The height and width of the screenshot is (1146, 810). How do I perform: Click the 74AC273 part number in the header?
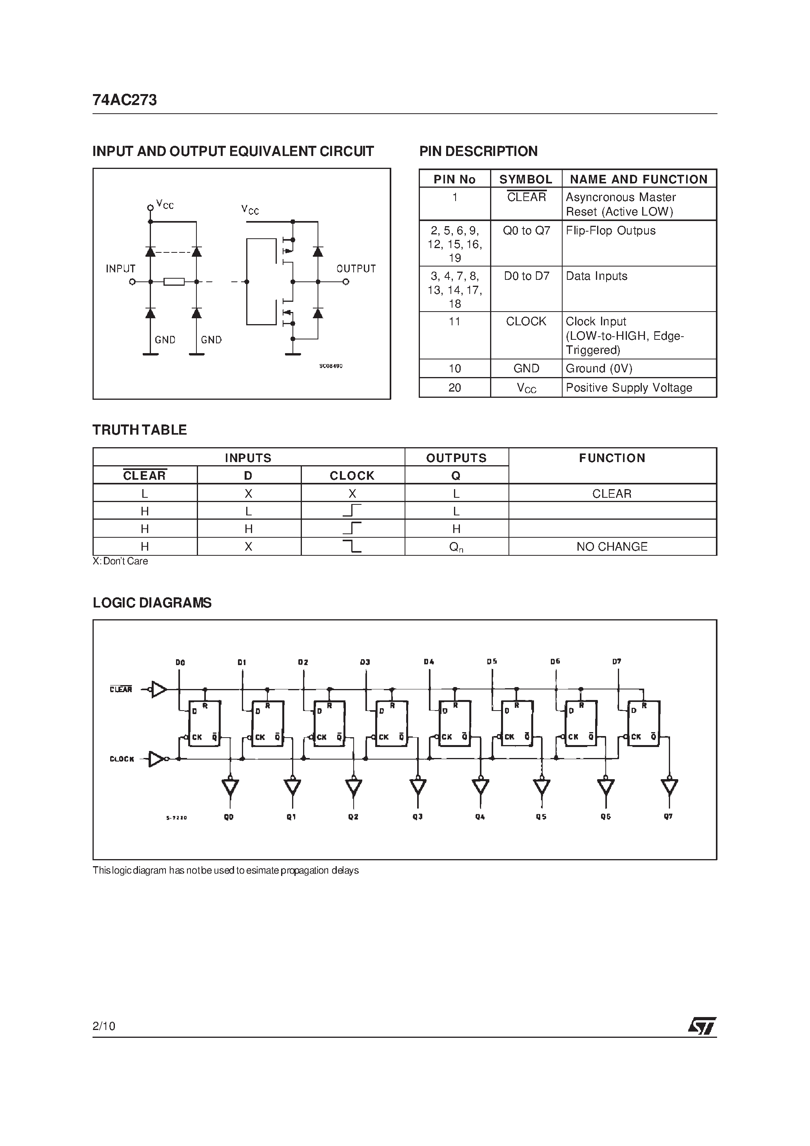pos(124,100)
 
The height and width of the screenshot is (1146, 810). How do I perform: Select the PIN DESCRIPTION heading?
pos(478,151)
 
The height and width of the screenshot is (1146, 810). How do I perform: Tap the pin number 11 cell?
pos(454,322)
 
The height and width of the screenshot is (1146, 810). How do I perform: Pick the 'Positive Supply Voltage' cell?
pos(629,388)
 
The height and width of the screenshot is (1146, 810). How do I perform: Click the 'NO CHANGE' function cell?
pos(612,547)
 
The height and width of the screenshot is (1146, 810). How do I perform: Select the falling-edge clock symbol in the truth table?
pos(352,547)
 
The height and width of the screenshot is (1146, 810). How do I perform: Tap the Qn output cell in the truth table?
pos(456,547)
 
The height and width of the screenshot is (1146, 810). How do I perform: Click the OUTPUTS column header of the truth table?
pos(456,458)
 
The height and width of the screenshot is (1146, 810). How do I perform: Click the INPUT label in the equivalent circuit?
pos(120,268)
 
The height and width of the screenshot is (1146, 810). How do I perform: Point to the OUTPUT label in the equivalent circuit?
pos(356,268)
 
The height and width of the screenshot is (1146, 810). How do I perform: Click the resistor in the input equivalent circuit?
pos(174,282)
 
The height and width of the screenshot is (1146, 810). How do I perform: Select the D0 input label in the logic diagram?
pos(180,662)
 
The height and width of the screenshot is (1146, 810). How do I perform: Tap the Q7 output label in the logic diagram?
pos(668,816)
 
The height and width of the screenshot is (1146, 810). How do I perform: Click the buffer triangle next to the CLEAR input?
pos(159,689)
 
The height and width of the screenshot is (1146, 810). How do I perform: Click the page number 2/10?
pos(104,1026)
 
